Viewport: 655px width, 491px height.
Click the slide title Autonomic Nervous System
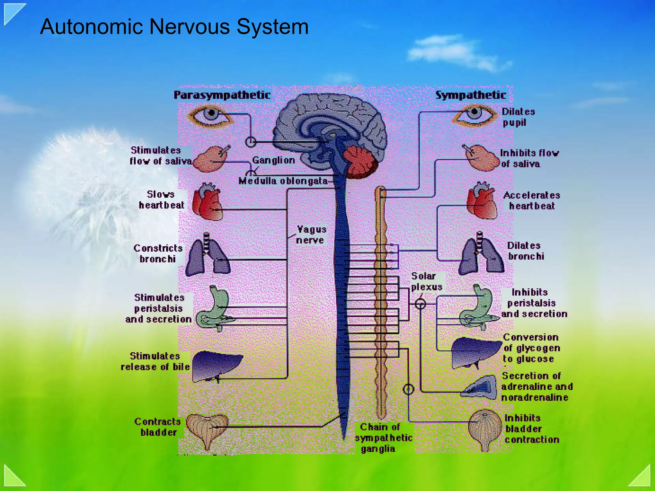174,27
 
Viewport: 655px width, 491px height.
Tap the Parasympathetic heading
222,95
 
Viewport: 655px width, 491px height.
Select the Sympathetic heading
470,95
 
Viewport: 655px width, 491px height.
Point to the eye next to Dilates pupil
474,115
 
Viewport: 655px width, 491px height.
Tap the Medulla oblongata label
283,181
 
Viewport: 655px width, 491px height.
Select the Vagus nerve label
311,235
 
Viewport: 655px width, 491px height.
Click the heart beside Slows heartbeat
208,202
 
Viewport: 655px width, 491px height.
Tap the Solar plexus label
426,281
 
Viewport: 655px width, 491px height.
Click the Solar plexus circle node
420,304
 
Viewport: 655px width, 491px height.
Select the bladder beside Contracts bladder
207,428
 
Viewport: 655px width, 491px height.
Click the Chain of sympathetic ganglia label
383,438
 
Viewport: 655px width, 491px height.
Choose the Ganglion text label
273,160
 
